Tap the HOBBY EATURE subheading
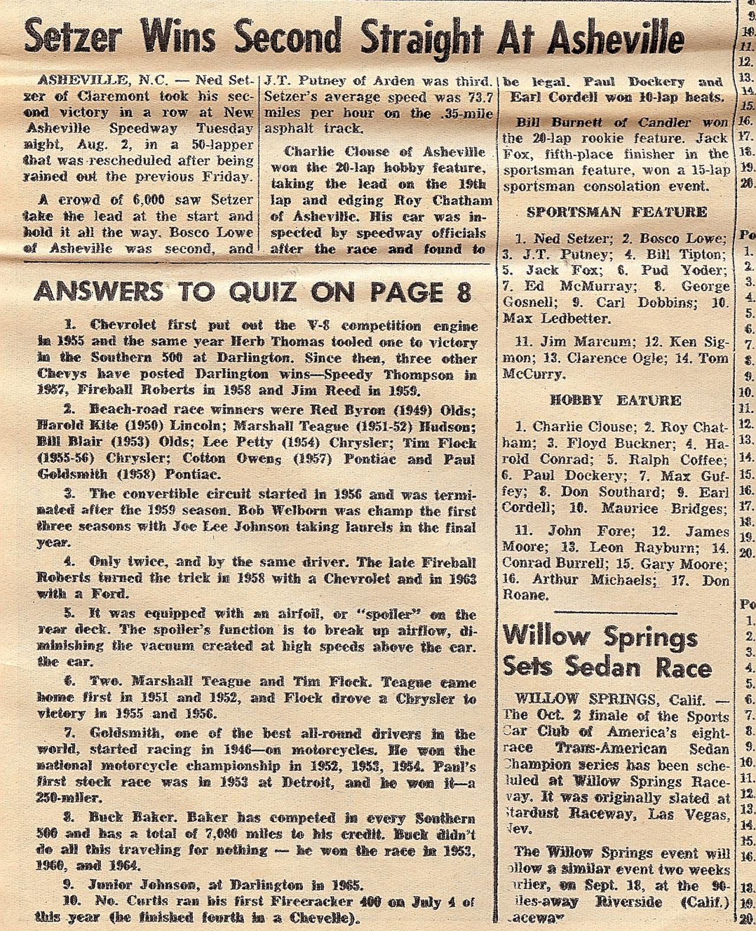coord(615,400)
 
